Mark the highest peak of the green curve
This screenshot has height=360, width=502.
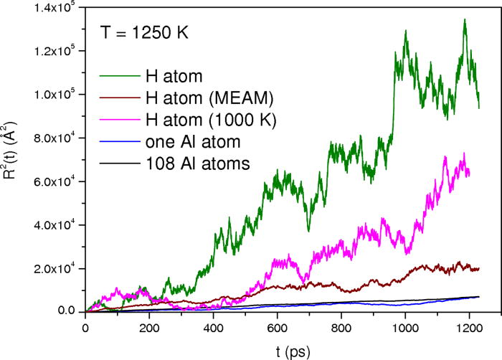click(x=465, y=20)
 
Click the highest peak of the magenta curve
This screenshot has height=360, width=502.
click(x=465, y=153)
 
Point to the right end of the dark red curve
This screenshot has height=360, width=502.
click(x=478, y=267)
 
